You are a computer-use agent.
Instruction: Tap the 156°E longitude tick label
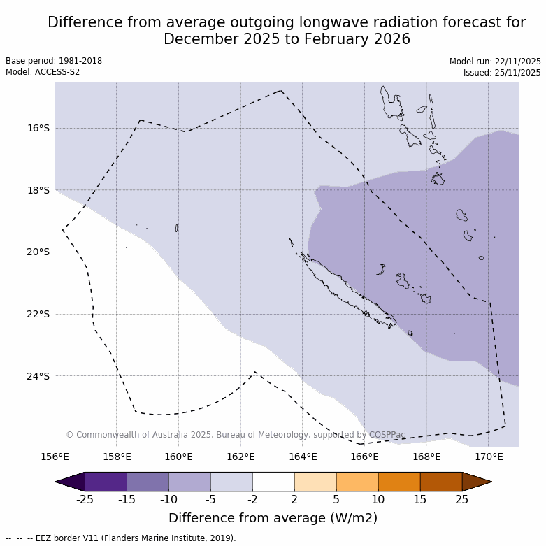(55, 457)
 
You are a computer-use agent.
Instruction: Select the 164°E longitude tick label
(303, 457)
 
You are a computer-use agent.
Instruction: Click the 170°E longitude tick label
(489, 457)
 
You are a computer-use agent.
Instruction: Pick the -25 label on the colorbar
(85, 499)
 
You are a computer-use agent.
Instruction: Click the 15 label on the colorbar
(420, 499)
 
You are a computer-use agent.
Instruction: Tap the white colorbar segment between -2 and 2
(273, 482)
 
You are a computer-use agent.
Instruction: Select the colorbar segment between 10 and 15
(399, 482)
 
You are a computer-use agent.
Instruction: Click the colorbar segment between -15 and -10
(148, 482)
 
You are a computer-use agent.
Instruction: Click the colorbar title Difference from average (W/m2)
(273, 518)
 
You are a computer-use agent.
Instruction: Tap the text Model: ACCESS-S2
(43, 72)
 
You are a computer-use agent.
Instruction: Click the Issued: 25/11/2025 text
(502, 73)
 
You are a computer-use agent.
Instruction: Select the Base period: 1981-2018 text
(54, 61)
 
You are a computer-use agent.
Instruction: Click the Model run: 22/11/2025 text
(495, 62)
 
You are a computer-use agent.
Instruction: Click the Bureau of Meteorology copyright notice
(236, 435)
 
